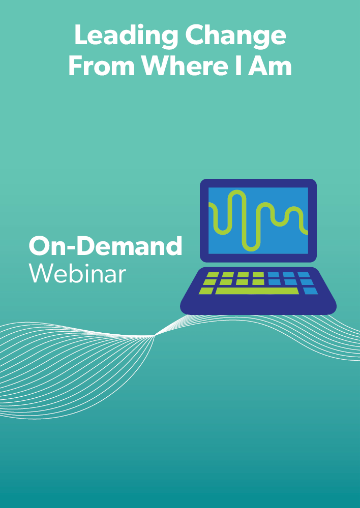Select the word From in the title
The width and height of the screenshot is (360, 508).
click(x=102, y=67)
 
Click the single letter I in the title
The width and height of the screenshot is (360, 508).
click(x=238, y=66)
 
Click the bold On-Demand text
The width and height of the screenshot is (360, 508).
click(x=105, y=245)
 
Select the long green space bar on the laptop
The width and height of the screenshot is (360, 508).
click(x=257, y=291)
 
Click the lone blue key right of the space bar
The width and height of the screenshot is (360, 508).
click(x=310, y=291)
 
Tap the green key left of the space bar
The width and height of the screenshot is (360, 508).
click(x=206, y=291)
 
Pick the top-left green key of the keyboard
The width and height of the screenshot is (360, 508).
click(x=213, y=274)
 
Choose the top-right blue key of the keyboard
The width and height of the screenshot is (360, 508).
click(x=304, y=274)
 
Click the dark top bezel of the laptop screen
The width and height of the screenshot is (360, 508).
click(x=258, y=183)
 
